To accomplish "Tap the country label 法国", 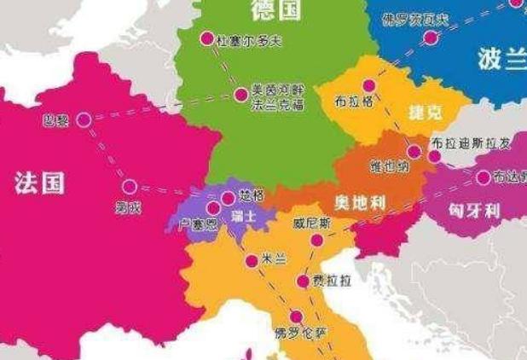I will (39, 182).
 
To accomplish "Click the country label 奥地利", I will (359, 202).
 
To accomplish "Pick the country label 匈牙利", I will (474, 210).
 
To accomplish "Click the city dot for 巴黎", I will (84, 120).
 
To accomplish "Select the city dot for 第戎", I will (129, 186).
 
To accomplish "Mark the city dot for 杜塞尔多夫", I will (206, 38).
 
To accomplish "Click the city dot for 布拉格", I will (368, 85).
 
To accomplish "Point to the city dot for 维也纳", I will (414, 152).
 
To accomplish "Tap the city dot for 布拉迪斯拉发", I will (434, 156).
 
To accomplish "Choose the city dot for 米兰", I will (251, 261).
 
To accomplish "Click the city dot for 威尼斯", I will (316, 241).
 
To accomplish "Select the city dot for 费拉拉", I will (303, 281).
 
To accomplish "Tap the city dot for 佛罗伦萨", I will (296, 316).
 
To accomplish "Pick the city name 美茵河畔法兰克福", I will (277, 97).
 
